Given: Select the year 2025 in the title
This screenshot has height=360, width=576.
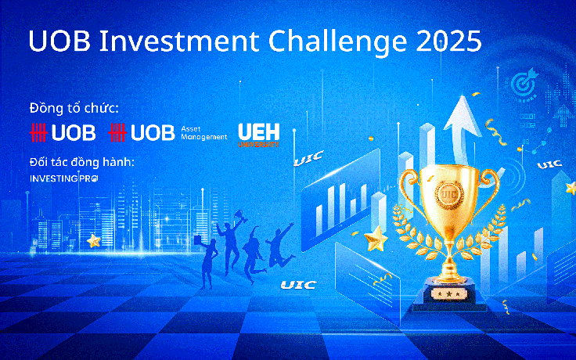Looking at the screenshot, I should (x=447, y=41).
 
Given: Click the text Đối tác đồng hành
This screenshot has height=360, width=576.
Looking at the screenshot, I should (x=81, y=162).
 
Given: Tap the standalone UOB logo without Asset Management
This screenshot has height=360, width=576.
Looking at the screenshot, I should (x=62, y=133).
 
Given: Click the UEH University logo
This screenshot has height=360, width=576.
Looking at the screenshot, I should (x=258, y=134).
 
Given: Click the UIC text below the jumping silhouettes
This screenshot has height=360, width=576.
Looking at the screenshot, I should (x=298, y=285).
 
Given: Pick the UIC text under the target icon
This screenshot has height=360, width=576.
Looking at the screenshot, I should (x=549, y=164).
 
